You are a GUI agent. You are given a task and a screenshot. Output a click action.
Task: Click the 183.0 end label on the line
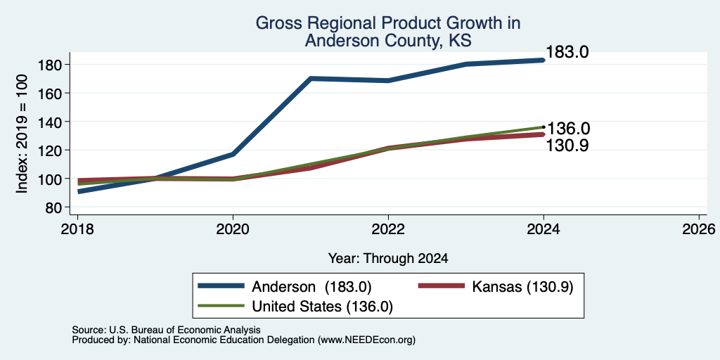pyautogui.click(x=567, y=52)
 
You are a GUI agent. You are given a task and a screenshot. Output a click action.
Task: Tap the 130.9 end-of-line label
pyautogui.click(x=567, y=145)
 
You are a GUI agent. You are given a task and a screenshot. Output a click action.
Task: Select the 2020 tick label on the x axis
pyautogui.click(x=233, y=229)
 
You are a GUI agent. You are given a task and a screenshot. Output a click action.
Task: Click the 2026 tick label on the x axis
pyautogui.click(x=699, y=229)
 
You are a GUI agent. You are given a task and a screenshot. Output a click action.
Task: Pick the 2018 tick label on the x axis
pyautogui.click(x=77, y=229)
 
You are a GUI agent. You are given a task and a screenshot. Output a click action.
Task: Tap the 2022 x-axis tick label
pyautogui.click(x=388, y=229)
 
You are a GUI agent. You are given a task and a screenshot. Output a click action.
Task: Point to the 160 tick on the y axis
pyautogui.click(x=49, y=94)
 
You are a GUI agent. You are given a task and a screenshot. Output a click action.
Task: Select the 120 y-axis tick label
pyautogui.click(x=49, y=150)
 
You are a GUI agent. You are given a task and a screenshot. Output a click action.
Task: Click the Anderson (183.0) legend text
pyautogui.click(x=311, y=287)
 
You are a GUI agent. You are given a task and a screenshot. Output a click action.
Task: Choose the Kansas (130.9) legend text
pyautogui.click(x=523, y=287)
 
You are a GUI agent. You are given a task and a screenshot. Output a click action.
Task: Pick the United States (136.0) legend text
pyautogui.click(x=322, y=307)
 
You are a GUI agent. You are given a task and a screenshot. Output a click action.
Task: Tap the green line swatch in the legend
pyautogui.click(x=220, y=306)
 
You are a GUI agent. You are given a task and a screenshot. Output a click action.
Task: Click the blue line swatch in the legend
pyautogui.click(x=220, y=286)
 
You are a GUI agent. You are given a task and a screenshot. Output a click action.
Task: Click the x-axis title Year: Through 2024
pyautogui.click(x=388, y=258)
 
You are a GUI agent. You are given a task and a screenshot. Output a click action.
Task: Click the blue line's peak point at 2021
pyautogui.click(x=311, y=79)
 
